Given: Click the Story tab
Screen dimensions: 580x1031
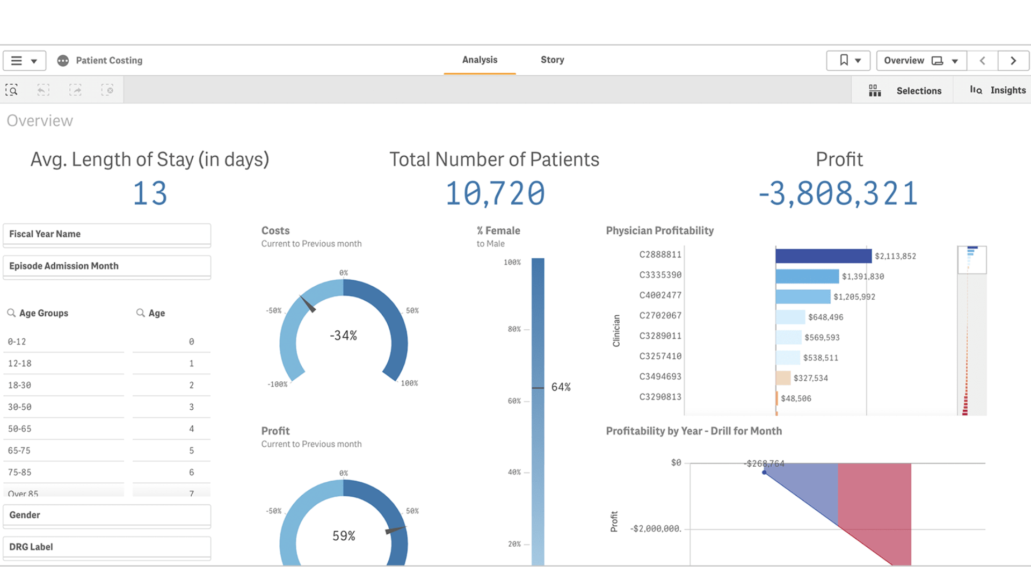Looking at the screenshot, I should pyautogui.click(x=552, y=60).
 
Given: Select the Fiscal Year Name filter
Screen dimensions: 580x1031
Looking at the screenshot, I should pyautogui.click(x=106, y=234).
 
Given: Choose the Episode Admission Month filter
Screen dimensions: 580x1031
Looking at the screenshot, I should pyautogui.click(x=106, y=266).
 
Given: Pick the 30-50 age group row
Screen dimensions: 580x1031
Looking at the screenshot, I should pyautogui.click(x=63, y=407).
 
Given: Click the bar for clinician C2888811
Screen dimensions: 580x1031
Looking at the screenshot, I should pyautogui.click(x=823, y=256).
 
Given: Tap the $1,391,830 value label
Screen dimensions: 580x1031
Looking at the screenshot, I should pyautogui.click(x=862, y=277).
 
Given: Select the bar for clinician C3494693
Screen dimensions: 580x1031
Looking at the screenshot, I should pyautogui.click(x=783, y=378).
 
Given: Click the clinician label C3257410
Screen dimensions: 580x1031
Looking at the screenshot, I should pyautogui.click(x=660, y=357).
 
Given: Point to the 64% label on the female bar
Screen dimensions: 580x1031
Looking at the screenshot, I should pyautogui.click(x=561, y=387).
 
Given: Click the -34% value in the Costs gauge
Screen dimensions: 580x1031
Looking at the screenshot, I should pyautogui.click(x=343, y=336).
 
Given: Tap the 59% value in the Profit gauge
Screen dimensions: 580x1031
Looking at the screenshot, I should pyautogui.click(x=344, y=536).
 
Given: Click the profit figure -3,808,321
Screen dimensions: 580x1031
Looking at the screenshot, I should pyautogui.click(x=838, y=194).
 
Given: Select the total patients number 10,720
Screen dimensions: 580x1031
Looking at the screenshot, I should pyautogui.click(x=495, y=194).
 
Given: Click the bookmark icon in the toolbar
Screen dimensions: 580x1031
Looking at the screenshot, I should pyautogui.click(x=844, y=60).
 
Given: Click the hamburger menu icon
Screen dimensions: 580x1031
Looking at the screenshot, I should pyautogui.click(x=17, y=61).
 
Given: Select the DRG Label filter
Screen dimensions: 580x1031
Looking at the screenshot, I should pyautogui.click(x=106, y=547).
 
